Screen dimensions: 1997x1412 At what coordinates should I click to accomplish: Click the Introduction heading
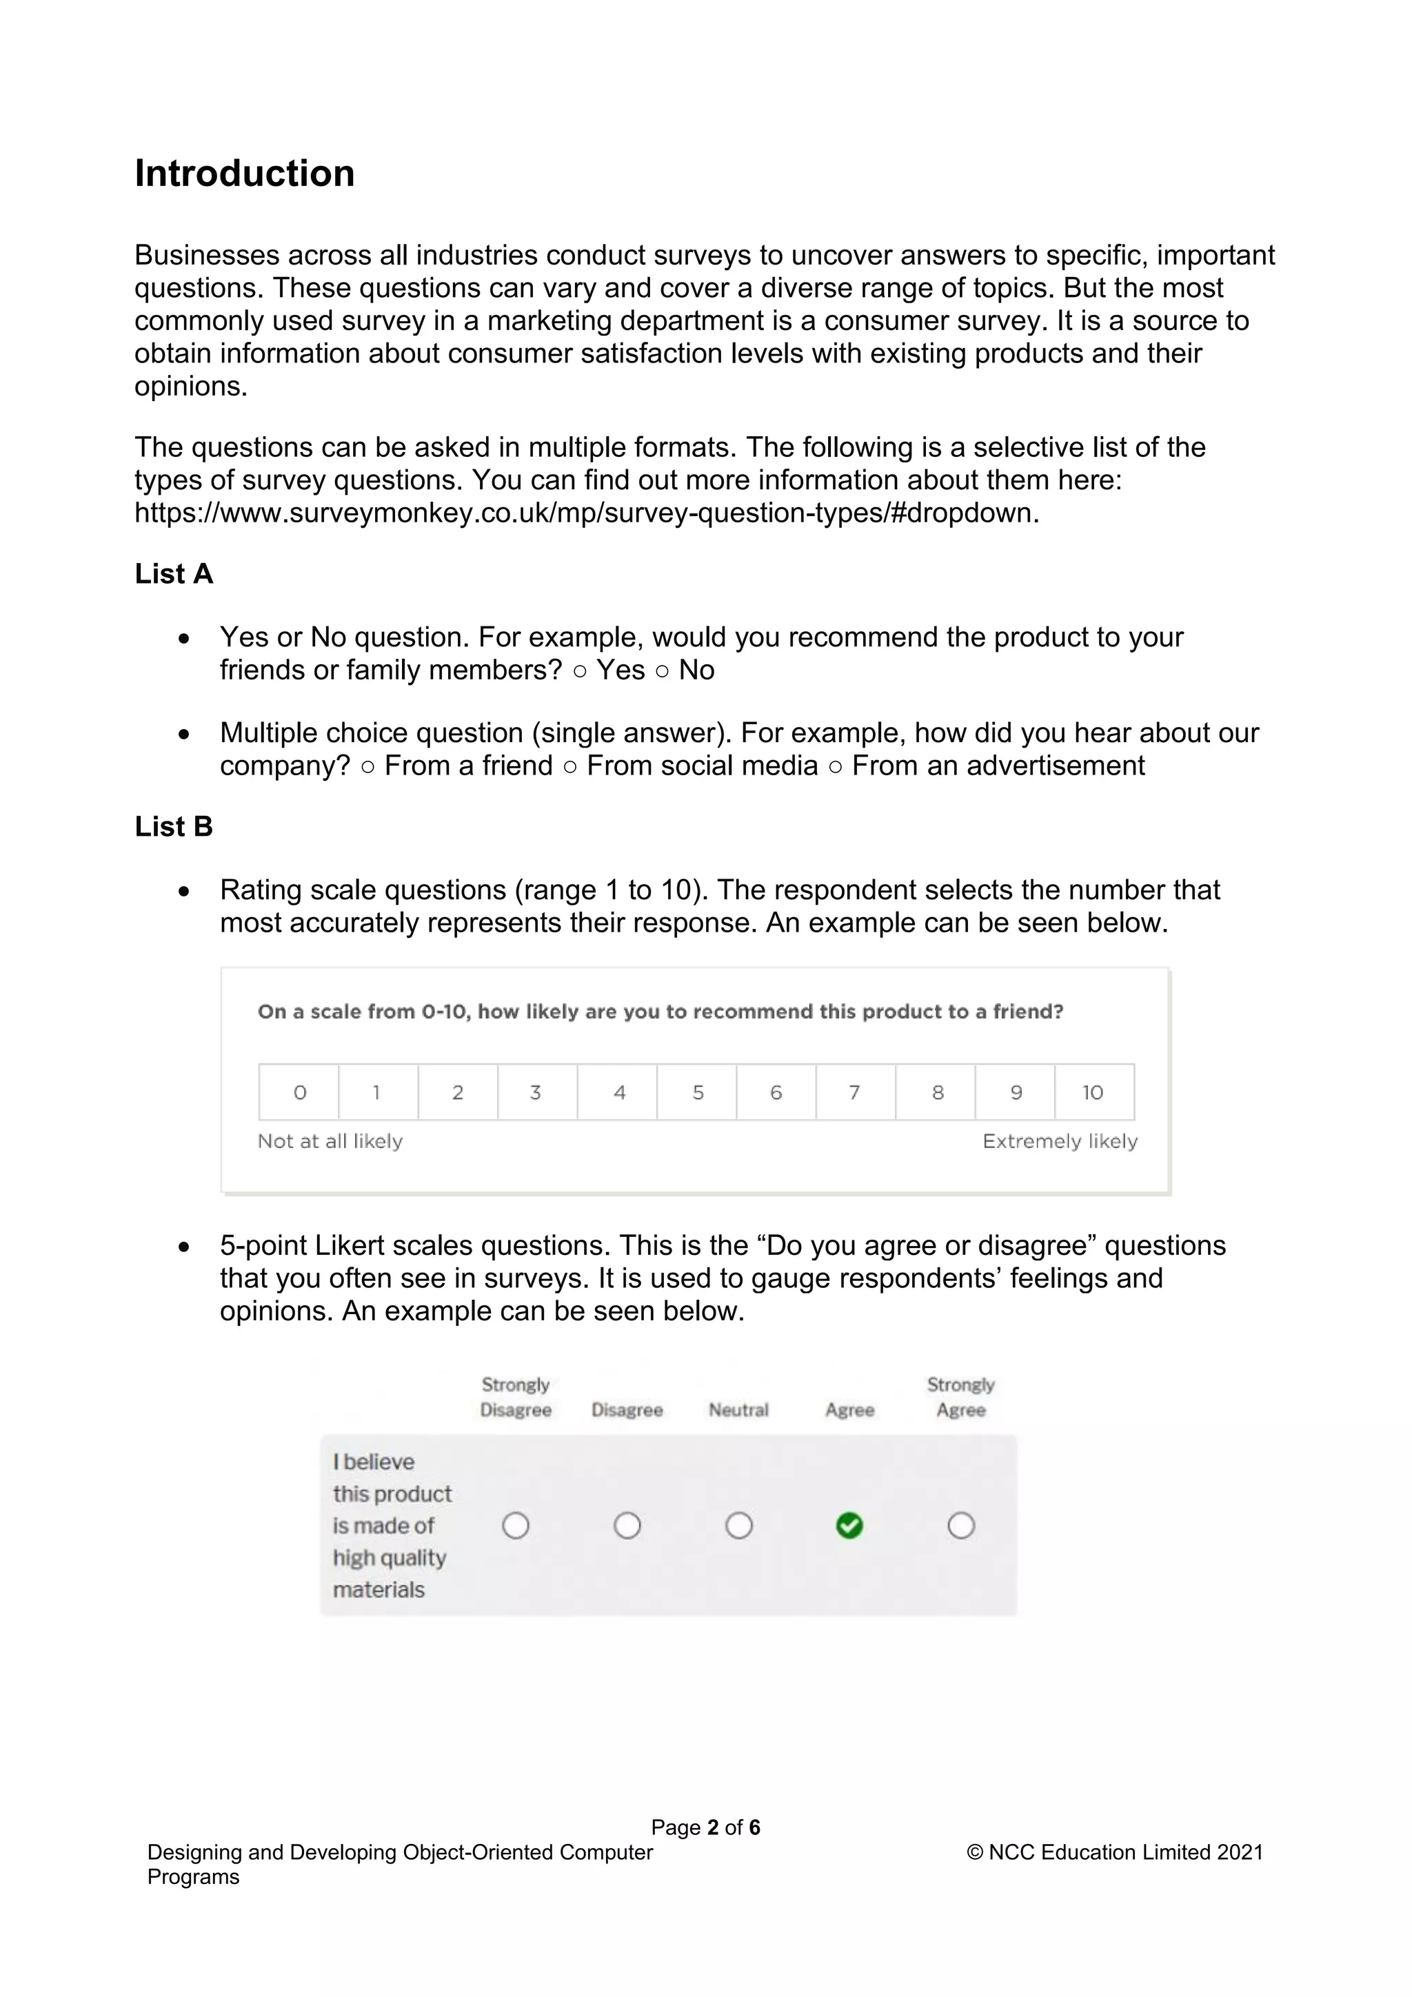pyautogui.click(x=245, y=173)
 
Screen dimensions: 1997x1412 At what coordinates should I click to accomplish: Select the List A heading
pyautogui.click(x=173, y=574)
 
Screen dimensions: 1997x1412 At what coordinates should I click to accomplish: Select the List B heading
pyautogui.click(x=173, y=826)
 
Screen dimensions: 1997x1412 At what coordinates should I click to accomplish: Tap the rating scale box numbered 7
pyautogui.click(x=855, y=1092)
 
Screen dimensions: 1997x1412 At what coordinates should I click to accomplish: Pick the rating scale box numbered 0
pyautogui.click(x=299, y=1092)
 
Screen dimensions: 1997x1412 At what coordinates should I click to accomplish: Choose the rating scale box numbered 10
pyautogui.click(x=1093, y=1092)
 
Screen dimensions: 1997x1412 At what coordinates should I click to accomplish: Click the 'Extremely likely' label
pyautogui.click(x=1060, y=1141)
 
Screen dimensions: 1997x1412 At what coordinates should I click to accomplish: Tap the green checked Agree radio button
pyautogui.click(x=849, y=1526)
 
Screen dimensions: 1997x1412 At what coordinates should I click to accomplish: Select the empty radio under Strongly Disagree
pyautogui.click(x=516, y=1526)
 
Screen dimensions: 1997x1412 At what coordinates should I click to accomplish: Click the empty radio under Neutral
pyautogui.click(x=738, y=1526)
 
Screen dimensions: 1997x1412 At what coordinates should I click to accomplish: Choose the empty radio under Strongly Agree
pyautogui.click(x=960, y=1526)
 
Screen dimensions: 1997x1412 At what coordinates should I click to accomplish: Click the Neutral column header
pyautogui.click(x=738, y=1410)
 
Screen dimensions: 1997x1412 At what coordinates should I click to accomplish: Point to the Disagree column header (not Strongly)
pyautogui.click(x=627, y=1410)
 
